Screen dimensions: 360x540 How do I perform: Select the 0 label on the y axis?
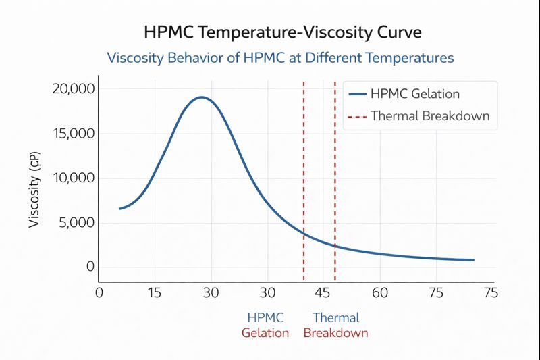[x=90, y=266]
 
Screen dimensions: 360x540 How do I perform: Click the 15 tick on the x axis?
[x=155, y=292]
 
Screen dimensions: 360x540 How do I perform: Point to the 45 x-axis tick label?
[x=323, y=292]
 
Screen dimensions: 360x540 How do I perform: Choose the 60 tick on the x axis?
[x=380, y=292]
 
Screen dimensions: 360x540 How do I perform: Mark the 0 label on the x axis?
[x=99, y=292]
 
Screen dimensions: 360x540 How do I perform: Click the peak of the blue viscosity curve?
[x=200, y=97]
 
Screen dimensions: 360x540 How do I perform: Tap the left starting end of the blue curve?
[x=119, y=209]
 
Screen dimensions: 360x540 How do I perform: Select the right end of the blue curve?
[x=473, y=260]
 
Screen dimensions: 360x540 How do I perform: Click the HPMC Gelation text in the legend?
[x=415, y=94]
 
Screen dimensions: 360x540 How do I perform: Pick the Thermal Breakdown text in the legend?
[x=430, y=116]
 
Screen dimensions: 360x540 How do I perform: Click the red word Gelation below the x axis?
[x=265, y=333]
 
